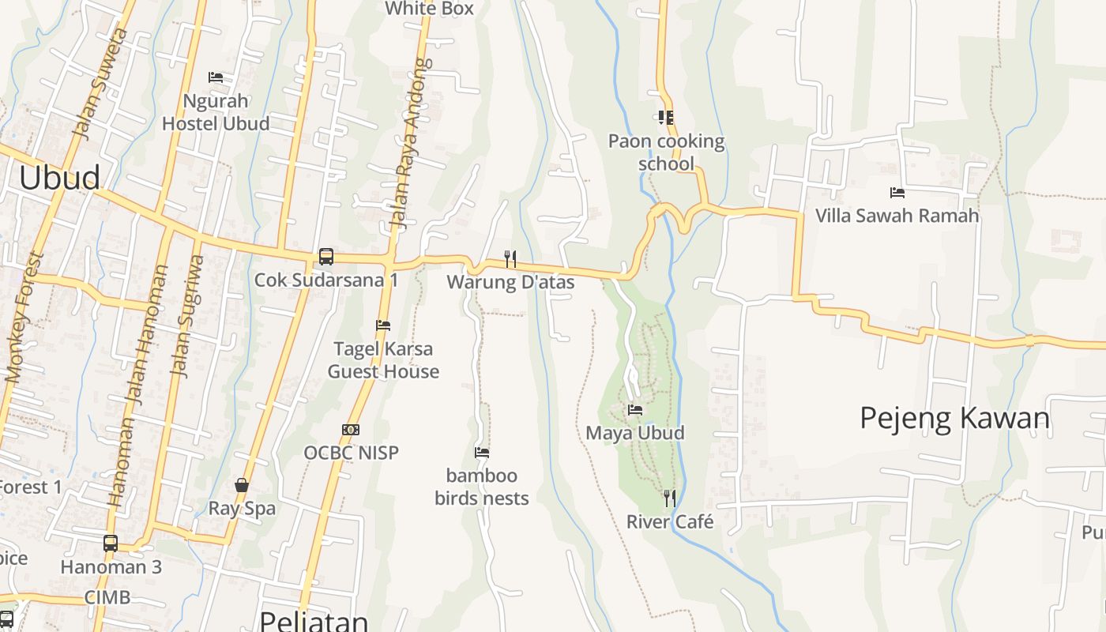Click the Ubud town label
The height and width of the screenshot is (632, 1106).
(x=60, y=178)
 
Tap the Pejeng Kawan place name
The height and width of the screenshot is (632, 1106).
(x=954, y=418)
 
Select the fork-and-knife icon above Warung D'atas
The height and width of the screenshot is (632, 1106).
(x=510, y=258)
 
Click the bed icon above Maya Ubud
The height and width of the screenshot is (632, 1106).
(x=635, y=409)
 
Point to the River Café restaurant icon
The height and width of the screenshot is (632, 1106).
(x=670, y=498)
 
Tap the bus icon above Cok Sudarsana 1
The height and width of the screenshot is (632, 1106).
(x=325, y=257)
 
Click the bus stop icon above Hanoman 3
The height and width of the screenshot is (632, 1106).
(x=111, y=544)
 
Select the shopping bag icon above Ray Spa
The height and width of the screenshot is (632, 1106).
(x=242, y=485)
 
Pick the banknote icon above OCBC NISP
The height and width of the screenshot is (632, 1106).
(x=351, y=430)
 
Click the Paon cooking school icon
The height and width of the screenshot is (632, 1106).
(x=666, y=118)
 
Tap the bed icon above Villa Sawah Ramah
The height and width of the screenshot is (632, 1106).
(x=897, y=192)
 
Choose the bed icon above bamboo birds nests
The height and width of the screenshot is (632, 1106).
(x=482, y=453)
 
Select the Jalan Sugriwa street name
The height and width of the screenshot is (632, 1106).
(x=186, y=316)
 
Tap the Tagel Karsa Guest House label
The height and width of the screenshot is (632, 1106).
(x=383, y=360)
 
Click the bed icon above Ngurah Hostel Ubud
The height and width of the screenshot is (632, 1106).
(x=216, y=77)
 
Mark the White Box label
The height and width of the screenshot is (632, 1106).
(x=429, y=9)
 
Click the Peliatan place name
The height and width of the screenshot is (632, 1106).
(x=314, y=620)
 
